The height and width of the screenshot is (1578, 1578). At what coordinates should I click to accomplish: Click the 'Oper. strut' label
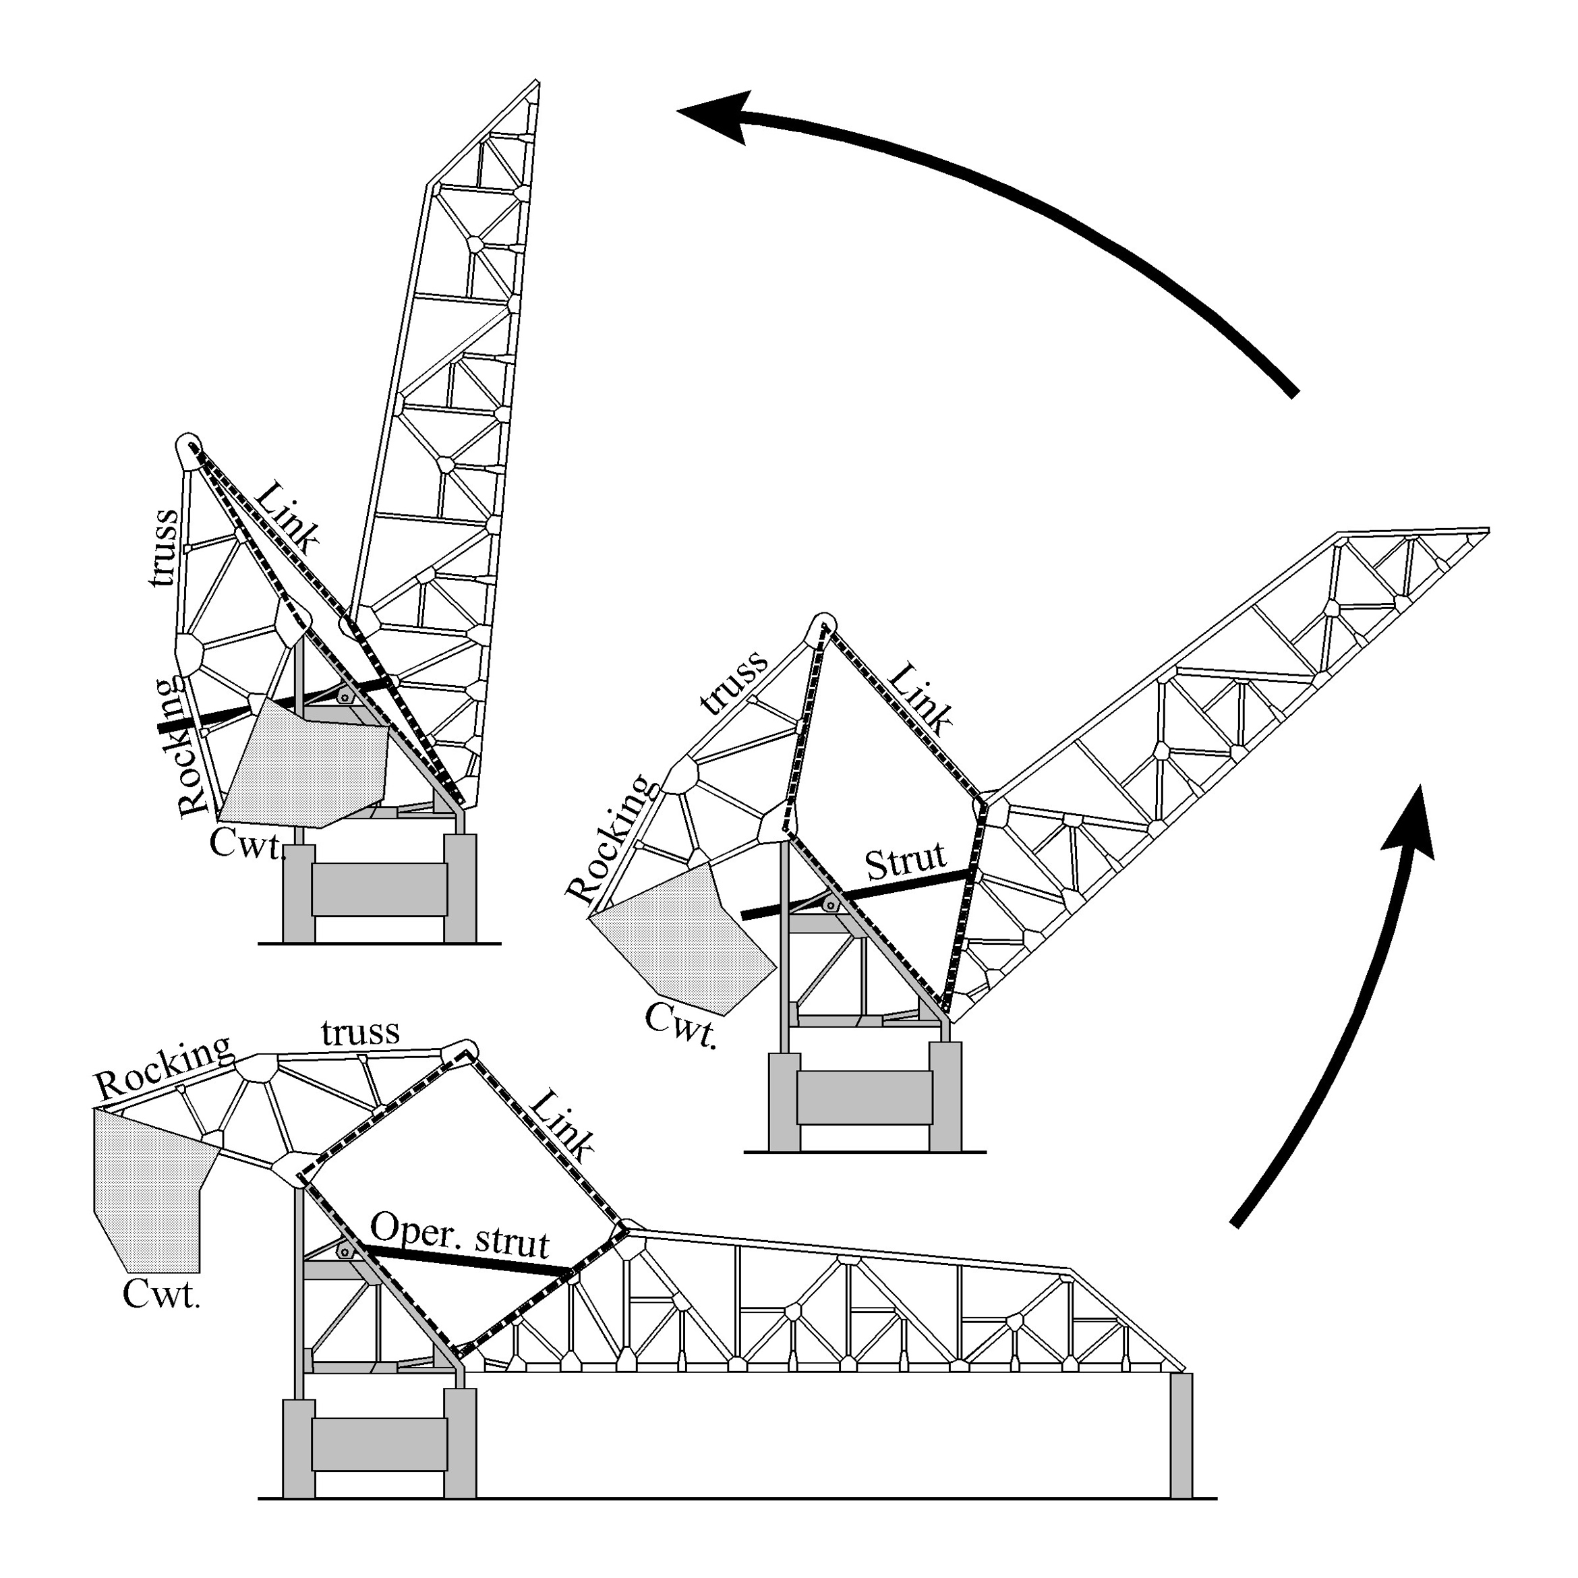coord(460,1234)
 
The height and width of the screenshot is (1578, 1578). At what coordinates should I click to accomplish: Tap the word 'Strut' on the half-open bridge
coord(904,862)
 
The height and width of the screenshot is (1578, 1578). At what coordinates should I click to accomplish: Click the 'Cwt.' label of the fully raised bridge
coord(247,843)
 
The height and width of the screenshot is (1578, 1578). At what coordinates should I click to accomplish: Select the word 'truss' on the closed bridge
coord(360,1032)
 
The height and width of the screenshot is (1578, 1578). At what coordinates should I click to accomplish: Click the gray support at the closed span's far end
coord(1180,1434)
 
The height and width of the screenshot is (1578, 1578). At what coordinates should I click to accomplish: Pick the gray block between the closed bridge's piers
coord(380,1443)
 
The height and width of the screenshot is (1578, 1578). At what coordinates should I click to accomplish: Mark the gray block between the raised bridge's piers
coord(380,889)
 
